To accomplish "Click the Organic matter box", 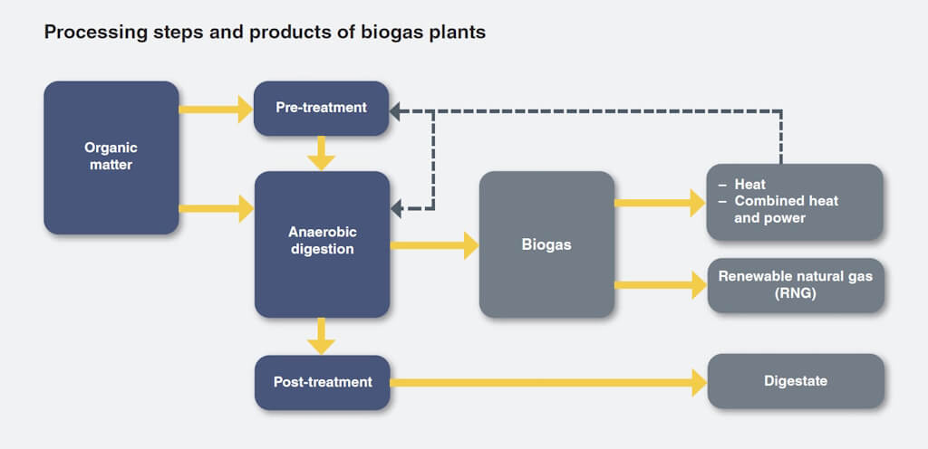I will click(x=111, y=158).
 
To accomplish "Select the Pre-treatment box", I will click(x=322, y=108).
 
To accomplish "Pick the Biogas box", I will click(x=546, y=244).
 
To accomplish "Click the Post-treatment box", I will click(x=322, y=382).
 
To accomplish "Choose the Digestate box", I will click(x=795, y=381).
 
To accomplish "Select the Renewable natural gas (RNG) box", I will click(x=795, y=285).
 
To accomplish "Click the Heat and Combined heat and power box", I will click(x=795, y=202).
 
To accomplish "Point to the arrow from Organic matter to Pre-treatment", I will click(x=216, y=110).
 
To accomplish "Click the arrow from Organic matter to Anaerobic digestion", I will click(x=216, y=209).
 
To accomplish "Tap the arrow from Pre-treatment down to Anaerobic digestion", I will click(x=322, y=153).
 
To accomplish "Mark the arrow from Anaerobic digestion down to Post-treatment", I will click(x=322, y=337).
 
